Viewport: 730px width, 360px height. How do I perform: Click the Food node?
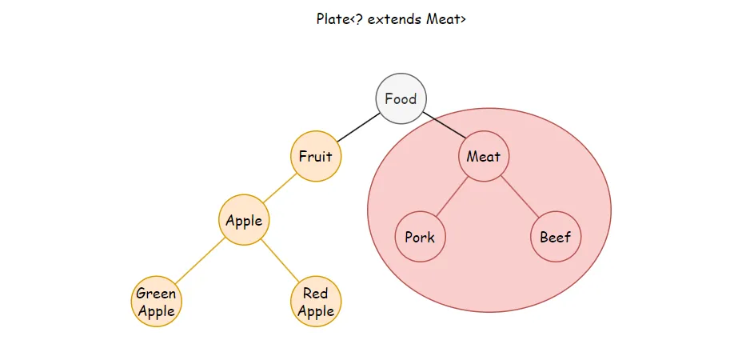pos(401,99)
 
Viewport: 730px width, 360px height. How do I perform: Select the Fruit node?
pos(315,156)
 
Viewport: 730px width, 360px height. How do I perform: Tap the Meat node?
pos(483,156)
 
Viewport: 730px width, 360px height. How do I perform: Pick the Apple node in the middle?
pos(244,221)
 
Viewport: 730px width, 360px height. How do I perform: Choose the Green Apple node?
pos(156,302)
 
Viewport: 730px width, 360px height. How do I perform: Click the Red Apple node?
pos(315,302)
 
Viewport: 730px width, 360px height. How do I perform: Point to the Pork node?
pos(420,238)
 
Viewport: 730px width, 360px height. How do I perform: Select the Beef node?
pos(555,238)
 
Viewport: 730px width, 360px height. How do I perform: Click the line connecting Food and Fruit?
pos(357,128)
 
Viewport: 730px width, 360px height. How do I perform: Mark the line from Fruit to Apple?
pos(279,189)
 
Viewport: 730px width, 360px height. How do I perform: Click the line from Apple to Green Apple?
pos(200,262)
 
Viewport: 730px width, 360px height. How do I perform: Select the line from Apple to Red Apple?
pos(280,262)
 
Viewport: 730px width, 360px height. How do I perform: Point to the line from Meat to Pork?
pos(452,197)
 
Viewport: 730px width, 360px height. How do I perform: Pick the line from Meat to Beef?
pos(519,197)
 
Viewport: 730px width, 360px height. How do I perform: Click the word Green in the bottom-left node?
pos(156,294)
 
